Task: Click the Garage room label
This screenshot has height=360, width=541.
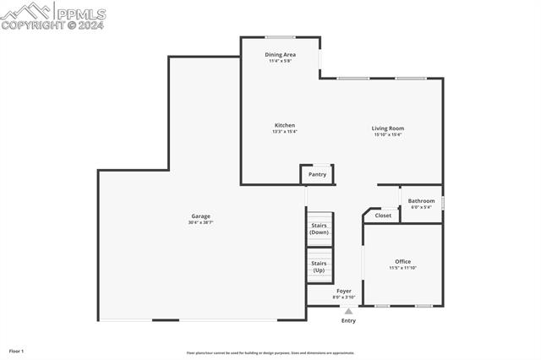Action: coord(200,215)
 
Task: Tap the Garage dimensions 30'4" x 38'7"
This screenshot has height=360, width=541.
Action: coord(200,222)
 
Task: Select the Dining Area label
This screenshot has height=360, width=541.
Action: coord(281,54)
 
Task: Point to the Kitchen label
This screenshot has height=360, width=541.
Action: coord(284,125)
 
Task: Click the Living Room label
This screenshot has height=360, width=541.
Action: coord(388,128)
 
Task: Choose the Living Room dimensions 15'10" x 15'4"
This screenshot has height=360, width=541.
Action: coord(388,135)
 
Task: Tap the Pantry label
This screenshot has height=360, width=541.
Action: coord(317,174)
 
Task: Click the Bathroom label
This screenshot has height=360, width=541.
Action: coord(421,200)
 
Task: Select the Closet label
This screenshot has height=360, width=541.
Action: coord(383,215)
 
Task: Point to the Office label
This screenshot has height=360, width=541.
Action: coord(402,261)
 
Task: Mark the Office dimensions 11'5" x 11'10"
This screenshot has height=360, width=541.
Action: coord(402,268)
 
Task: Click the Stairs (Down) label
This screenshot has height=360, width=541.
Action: coord(319,228)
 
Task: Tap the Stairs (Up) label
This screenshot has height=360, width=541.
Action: coord(319,266)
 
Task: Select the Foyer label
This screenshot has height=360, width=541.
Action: coord(344,291)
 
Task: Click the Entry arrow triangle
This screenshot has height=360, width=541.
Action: coord(348,311)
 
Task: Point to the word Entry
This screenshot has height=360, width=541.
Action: coord(348,320)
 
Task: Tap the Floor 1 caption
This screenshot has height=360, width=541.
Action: coord(16,350)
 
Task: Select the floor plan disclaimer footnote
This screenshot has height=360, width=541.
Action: coord(270,353)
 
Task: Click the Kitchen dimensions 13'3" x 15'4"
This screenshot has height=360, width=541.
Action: coord(284,132)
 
